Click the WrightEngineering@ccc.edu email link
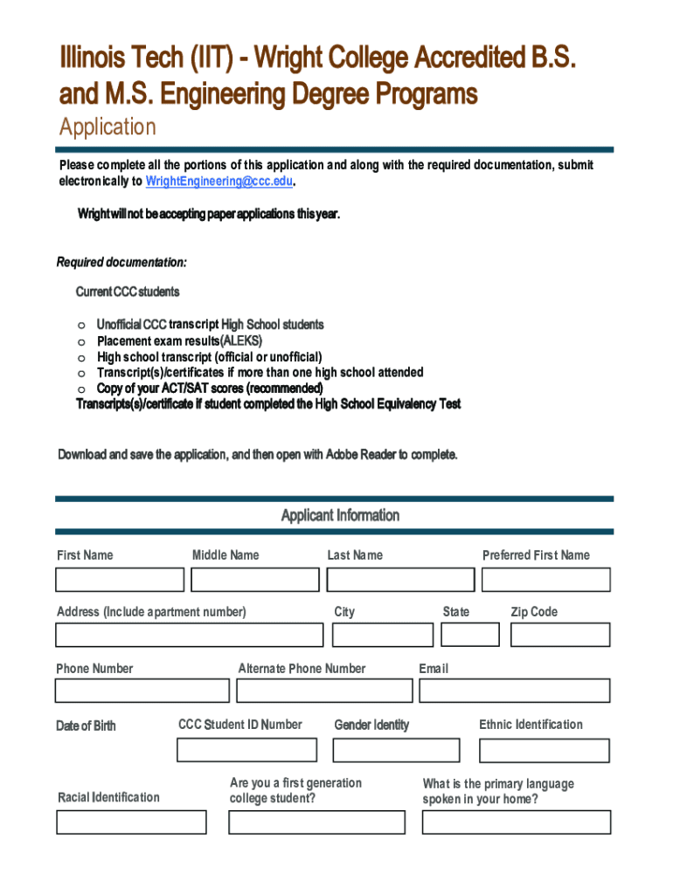(219, 182)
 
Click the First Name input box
(120, 580)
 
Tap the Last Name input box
(400, 580)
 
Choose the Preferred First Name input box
(549, 580)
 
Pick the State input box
(470, 634)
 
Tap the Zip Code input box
(560, 635)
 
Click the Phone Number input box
(142, 691)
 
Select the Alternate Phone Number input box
(323, 691)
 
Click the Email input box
(514, 691)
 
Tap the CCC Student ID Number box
(247, 750)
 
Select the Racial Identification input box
(131, 822)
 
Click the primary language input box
(516, 822)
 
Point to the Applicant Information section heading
(340, 515)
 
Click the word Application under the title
(108, 127)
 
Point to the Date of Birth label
(86, 726)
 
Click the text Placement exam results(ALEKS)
(179, 340)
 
